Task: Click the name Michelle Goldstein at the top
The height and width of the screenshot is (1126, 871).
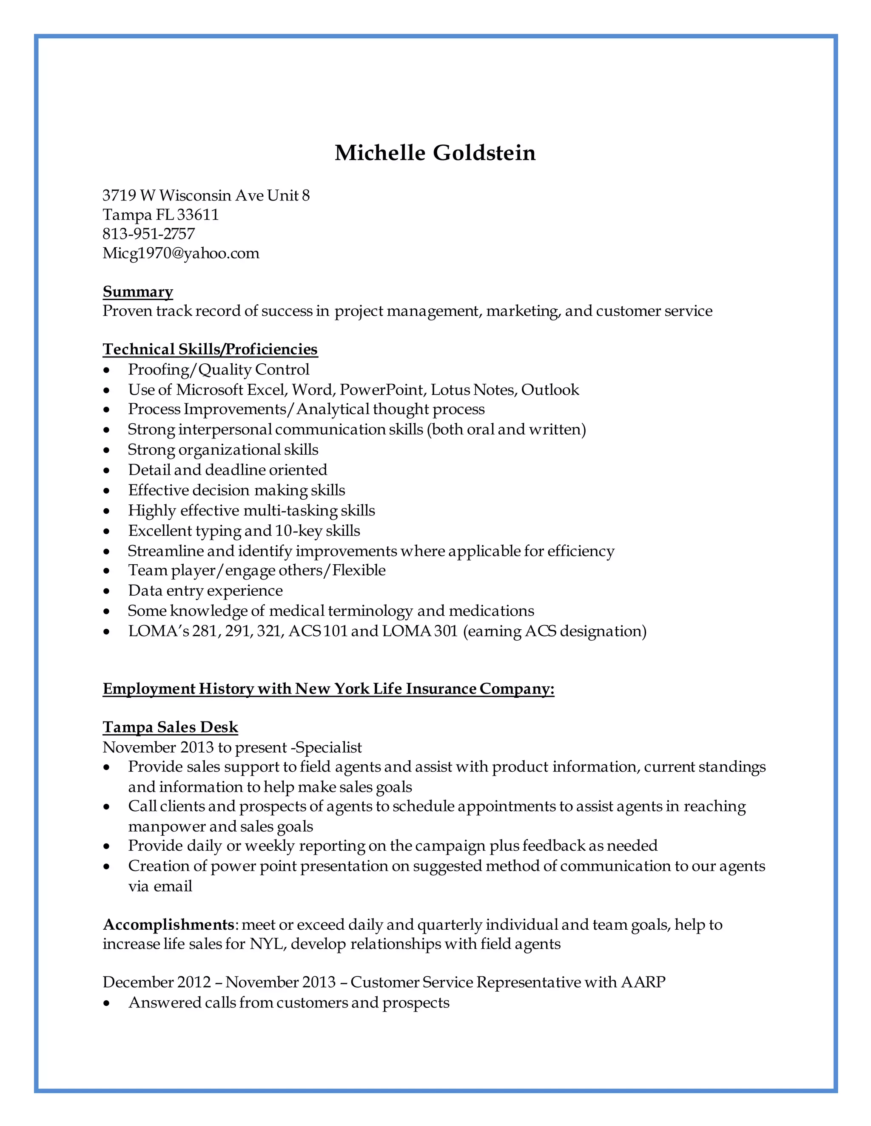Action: click(435, 153)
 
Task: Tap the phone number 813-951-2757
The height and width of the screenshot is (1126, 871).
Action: click(148, 234)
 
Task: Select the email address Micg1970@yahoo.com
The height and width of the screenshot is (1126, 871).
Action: click(181, 253)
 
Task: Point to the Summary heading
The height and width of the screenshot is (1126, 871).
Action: click(138, 291)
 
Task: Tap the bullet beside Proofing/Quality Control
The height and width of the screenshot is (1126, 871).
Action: click(107, 370)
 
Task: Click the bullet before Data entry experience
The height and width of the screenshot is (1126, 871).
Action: click(107, 591)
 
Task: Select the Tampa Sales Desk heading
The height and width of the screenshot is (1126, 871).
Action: click(170, 727)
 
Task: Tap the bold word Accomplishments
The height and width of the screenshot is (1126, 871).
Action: click(169, 925)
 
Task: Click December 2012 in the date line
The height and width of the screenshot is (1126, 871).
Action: click(157, 982)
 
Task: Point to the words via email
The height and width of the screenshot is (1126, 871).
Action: click(160, 886)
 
